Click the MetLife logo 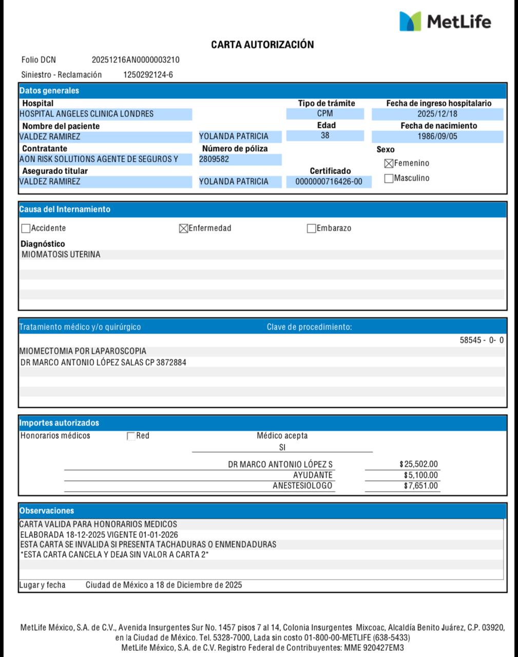click(445, 22)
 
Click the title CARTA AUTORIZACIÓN click(262, 45)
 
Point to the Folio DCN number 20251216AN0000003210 click(136, 60)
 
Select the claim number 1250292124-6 click(148, 75)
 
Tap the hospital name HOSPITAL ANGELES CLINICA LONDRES click(86, 114)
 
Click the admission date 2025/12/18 click(437, 114)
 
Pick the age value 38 click(324, 136)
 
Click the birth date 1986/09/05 click(437, 137)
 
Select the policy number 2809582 click(214, 159)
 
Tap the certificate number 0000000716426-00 click(329, 182)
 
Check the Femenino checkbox click(389, 164)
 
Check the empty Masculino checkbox click(389, 179)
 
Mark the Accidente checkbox click(26, 228)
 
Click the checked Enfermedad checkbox click(183, 228)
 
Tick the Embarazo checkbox click(311, 228)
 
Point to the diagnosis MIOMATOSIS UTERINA click(61, 255)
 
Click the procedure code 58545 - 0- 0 click(482, 340)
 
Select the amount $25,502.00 click(419, 465)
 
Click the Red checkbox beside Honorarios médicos click(131, 436)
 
